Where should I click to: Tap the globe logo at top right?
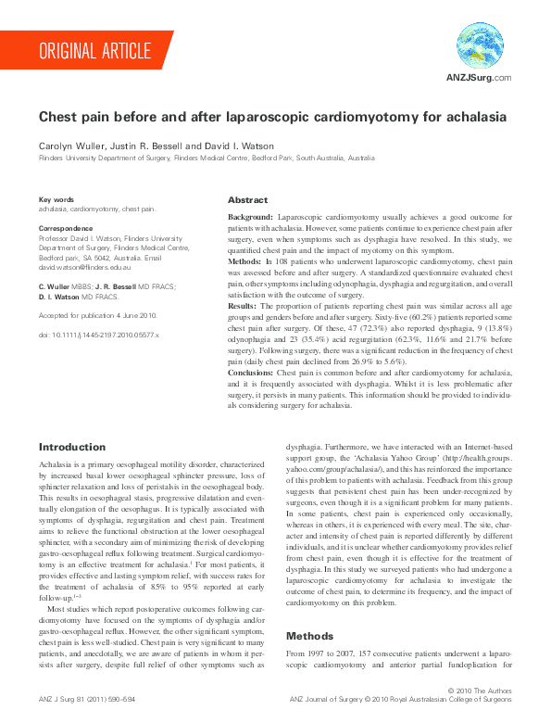coord(480,44)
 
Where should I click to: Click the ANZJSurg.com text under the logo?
coord(480,77)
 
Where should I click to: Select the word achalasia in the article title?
coord(476,119)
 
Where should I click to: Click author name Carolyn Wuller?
coord(69,146)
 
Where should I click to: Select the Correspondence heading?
coord(68,227)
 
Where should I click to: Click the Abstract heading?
coord(247,200)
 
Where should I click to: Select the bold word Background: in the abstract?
coord(251,215)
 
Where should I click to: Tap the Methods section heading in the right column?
coord(309,611)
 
